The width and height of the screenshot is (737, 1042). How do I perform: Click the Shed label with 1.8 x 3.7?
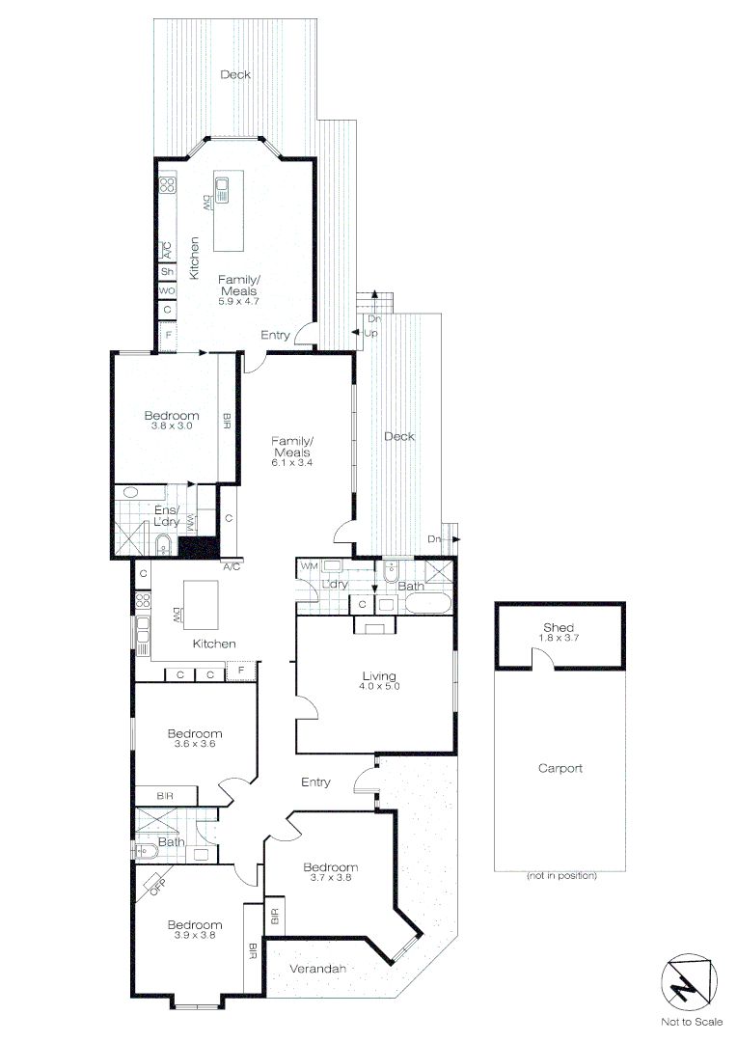click(x=559, y=633)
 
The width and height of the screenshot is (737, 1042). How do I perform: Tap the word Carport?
click(x=560, y=769)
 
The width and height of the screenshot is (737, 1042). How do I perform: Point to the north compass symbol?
click(x=689, y=985)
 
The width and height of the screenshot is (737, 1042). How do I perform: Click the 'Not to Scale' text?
click(x=689, y=1022)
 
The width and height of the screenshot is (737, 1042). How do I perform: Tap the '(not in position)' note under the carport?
click(x=560, y=876)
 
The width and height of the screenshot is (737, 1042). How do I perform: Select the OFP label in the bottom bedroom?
click(x=155, y=885)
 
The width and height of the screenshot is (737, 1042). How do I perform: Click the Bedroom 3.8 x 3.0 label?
click(x=172, y=420)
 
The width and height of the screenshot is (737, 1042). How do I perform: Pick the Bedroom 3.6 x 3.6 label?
click(x=195, y=738)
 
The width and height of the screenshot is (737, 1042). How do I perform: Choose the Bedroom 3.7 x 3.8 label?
click(x=329, y=872)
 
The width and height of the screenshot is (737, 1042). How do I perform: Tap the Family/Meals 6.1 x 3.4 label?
click(x=293, y=452)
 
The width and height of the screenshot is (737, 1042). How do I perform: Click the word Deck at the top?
click(x=235, y=74)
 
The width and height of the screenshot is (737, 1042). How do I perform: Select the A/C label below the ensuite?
click(x=232, y=566)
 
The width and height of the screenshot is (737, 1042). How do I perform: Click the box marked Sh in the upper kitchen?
click(x=167, y=271)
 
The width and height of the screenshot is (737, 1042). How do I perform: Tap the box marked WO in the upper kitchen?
click(x=167, y=290)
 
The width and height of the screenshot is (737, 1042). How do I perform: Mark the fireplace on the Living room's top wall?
click(x=373, y=626)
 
